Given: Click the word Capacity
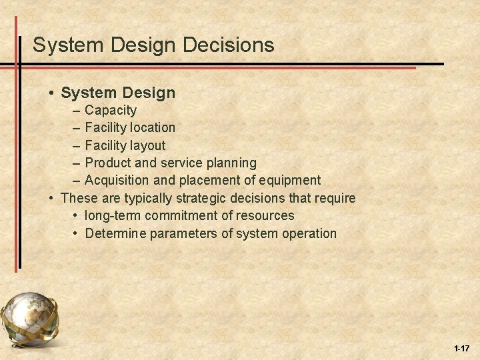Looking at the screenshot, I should (111, 109).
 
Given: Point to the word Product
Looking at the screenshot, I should (109, 163).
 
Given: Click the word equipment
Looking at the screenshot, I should (291, 181).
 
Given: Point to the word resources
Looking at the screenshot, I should (267, 215).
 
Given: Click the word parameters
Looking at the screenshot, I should (184, 233).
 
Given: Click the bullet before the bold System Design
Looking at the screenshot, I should (51, 92).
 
